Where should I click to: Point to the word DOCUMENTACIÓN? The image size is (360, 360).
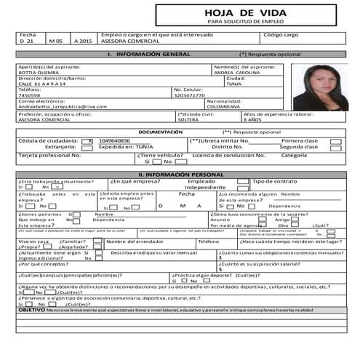click(160, 132)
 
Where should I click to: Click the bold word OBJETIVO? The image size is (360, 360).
click(31, 310)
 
